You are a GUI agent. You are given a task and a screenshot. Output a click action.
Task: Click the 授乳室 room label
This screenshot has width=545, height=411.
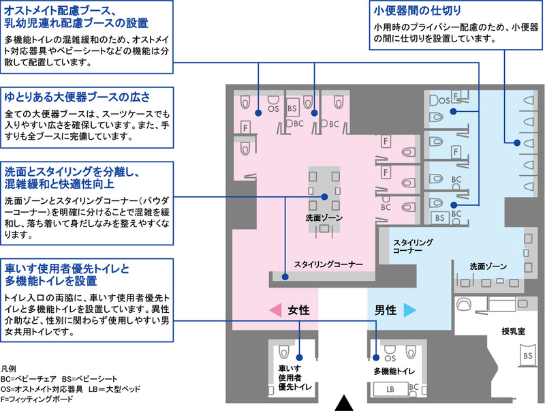pos(513,331)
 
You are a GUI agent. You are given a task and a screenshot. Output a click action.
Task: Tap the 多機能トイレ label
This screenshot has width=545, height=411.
pos(394,371)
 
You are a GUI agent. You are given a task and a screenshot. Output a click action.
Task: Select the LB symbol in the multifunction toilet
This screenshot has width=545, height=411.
pos(390,389)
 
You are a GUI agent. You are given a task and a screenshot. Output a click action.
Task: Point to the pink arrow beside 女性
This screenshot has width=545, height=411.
pos(275,310)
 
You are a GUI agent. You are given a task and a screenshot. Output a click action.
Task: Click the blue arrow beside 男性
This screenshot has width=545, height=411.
pos(410,310)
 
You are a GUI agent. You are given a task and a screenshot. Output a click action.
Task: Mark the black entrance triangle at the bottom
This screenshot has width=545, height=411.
pos(344,404)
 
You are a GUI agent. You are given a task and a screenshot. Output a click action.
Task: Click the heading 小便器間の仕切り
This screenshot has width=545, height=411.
pos(418,10)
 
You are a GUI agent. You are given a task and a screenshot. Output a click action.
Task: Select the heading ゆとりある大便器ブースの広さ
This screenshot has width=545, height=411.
pos(77,97)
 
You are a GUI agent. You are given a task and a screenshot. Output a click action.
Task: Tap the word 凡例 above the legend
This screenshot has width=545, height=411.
pos(8,369)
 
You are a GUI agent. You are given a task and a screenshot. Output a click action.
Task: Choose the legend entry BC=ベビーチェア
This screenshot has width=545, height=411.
pos(29,379)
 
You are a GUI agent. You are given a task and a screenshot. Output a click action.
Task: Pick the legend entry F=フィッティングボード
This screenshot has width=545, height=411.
pos(37,399)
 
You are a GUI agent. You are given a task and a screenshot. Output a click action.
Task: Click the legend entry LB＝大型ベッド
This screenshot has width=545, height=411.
pos(114,389)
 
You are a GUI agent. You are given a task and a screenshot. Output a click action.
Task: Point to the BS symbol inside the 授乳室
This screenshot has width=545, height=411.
pos(527,356)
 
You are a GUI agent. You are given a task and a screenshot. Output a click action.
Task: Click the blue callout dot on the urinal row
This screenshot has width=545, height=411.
pos(517,142)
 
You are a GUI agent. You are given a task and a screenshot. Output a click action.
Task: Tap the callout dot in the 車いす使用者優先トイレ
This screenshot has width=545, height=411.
pos(299,357)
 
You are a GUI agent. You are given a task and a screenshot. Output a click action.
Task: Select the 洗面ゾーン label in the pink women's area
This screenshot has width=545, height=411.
pos(324,217)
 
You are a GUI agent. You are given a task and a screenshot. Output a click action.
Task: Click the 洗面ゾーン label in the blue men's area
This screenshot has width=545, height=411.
pos(488,267)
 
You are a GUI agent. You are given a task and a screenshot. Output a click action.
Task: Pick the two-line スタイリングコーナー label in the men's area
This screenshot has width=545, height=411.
pos(413,246)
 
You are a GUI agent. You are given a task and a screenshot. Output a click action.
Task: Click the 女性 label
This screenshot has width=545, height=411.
pos(298,310)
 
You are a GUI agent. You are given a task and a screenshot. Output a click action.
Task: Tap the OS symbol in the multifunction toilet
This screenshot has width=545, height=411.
pos(390,358)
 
